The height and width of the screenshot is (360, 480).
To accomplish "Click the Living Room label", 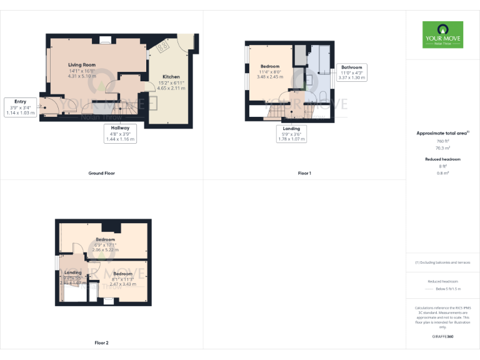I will click(82, 64).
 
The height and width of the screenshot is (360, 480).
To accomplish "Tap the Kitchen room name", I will click(171, 76).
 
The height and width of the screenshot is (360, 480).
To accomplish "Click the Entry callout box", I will click(20, 106).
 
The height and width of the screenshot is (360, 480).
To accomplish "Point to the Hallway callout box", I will click(120, 134).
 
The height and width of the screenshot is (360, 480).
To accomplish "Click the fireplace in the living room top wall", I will click(104, 41).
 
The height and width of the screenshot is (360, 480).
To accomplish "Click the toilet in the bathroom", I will click(322, 94).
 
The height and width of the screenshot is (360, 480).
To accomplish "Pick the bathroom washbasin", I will click(308, 80).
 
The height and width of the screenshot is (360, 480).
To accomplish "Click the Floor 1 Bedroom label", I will click(269, 66).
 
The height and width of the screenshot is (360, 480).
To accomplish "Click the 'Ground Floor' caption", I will click(101, 172).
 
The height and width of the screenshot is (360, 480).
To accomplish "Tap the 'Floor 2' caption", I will click(101, 342).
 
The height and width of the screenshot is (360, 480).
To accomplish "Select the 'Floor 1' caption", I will click(304, 172).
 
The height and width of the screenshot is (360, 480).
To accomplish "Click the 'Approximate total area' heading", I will click(442, 133).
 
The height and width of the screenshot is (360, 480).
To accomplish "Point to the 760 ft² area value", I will click(442, 141).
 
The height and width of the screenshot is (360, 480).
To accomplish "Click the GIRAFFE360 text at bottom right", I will click(442, 336).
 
